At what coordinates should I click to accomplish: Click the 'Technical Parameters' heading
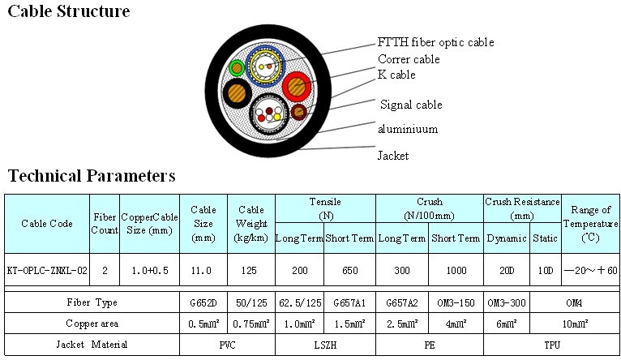click(92, 175)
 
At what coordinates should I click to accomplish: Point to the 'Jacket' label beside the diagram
click(393, 155)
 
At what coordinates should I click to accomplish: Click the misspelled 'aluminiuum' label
click(407, 129)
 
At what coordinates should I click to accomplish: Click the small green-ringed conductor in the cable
click(236, 68)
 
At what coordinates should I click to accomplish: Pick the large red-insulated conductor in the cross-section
click(298, 84)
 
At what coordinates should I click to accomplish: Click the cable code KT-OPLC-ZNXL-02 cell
click(47, 270)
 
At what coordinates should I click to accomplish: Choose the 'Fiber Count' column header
click(105, 223)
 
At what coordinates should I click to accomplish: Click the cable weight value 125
click(251, 270)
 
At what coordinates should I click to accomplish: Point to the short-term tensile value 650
click(349, 270)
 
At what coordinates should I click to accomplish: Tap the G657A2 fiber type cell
click(400, 302)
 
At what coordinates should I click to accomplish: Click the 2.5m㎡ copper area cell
click(400, 324)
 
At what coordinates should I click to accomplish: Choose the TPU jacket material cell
click(551, 345)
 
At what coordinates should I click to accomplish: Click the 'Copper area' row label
click(92, 324)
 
